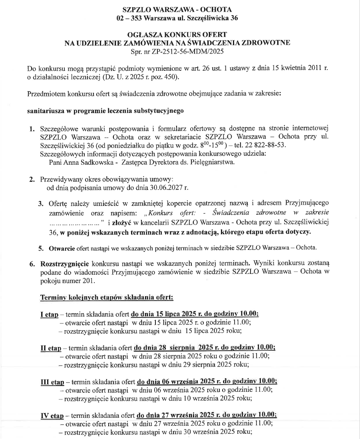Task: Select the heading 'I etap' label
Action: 49,315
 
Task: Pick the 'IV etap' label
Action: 52,415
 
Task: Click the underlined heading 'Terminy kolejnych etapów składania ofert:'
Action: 107,298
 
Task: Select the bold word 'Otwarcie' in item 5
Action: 62,247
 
